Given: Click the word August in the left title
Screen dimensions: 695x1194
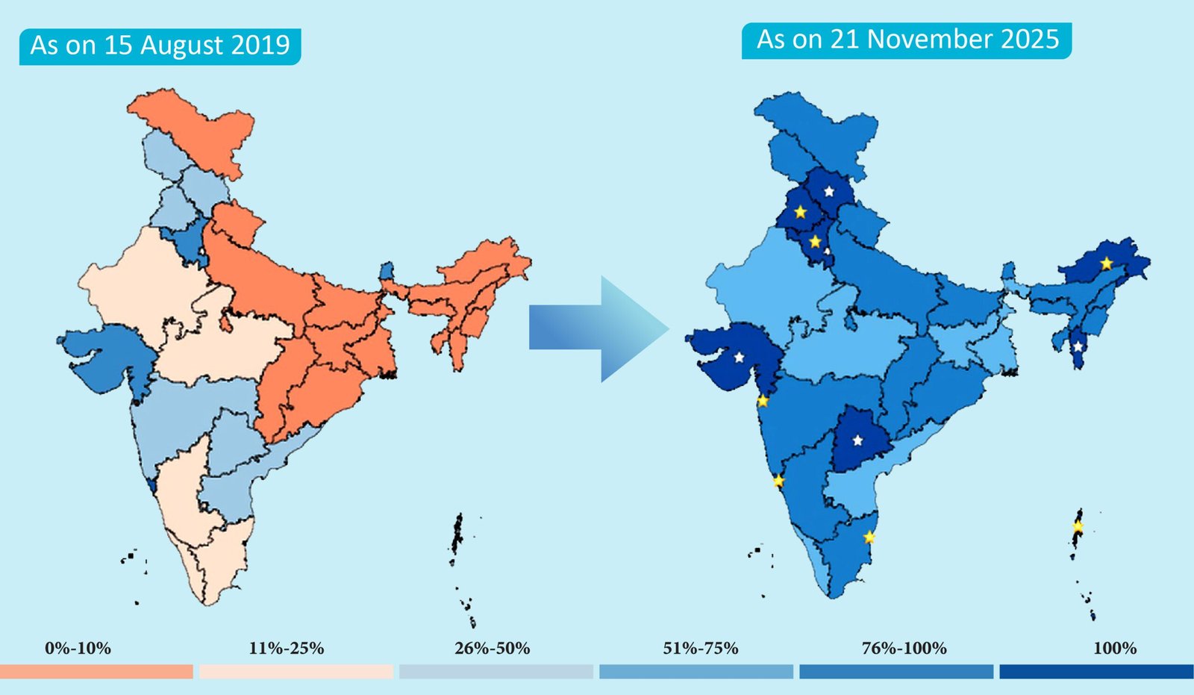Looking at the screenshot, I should pos(182,46).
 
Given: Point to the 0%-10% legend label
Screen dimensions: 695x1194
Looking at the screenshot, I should pos(78,648).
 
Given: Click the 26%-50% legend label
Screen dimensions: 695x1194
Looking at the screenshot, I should pos(493,648).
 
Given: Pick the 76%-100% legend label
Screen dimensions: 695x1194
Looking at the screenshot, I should pos(904,648).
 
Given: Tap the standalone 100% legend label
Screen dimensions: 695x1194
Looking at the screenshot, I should pos(1115,648).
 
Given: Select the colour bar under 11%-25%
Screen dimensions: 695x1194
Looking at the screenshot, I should pos(296,672).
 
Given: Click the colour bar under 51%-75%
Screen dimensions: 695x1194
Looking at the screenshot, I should pos(696,672).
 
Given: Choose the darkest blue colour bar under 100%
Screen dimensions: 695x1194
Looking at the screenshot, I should pos(1096,672).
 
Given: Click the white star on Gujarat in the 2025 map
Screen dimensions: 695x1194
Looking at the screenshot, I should pos(739,358).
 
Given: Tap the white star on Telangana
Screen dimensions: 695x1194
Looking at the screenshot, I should pos(858,440).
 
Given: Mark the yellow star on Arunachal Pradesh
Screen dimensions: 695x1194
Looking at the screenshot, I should pos(1106,264).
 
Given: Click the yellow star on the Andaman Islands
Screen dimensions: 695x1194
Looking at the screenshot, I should pos(1078,526).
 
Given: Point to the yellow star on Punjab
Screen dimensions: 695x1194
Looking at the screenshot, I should pos(800,212).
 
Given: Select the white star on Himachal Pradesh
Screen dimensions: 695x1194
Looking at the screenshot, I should pos(828,192).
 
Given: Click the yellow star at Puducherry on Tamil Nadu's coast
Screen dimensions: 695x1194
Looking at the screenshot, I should pos(869,537).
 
